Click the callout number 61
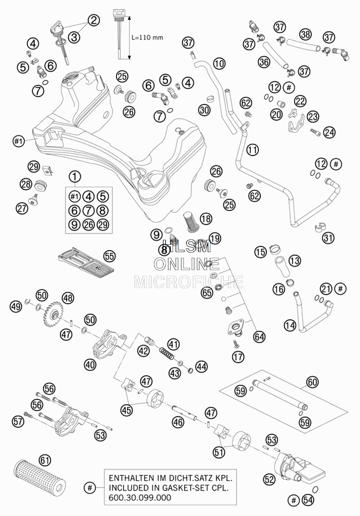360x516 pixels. click(x=45, y=460)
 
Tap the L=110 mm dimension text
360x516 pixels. click(x=147, y=37)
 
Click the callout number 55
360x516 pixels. click(x=109, y=256)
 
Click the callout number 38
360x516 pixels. click(x=305, y=34)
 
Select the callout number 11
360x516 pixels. click(x=253, y=150)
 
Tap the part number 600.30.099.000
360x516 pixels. click(x=140, y=498)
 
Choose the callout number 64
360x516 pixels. click(x=259, y=337)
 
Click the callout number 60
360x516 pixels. click(x=312, y=382)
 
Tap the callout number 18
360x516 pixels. click(x=206, y=219)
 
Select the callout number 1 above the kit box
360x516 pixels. click(x=75, y=177)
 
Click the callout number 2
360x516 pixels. click(x=94, y=20)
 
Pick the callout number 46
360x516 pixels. click(x=178, y=422)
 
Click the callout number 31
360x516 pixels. click(x=328, y=238)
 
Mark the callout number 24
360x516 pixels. click(x=329, y=132)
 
